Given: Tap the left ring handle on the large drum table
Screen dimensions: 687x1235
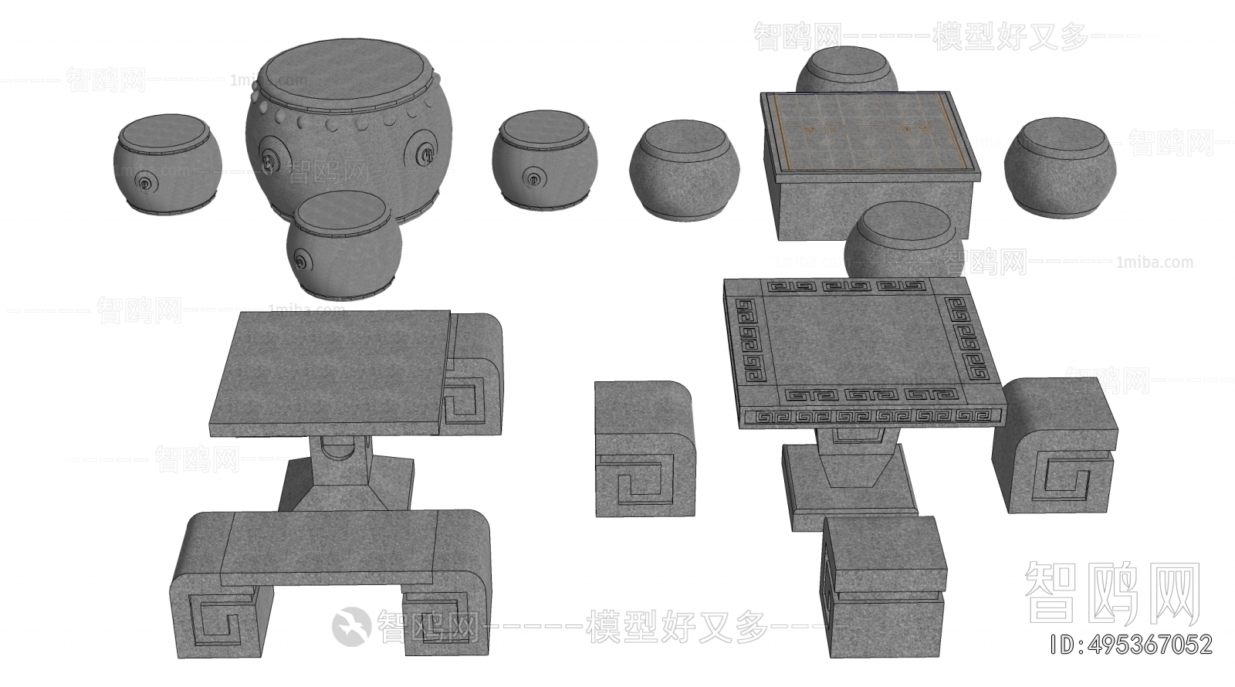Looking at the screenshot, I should click(269, 161).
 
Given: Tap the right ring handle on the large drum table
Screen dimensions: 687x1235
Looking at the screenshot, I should click(425, 154).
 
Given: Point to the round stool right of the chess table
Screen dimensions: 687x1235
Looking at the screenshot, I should click(1060, 165).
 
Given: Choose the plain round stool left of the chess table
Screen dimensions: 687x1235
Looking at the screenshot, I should click(684, 170).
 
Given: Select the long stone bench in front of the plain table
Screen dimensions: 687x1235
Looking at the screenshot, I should click(330, 575).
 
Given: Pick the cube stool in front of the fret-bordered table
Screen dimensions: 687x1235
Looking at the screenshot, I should click(883, 587).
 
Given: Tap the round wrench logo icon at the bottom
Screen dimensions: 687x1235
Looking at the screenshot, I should click(351, 624).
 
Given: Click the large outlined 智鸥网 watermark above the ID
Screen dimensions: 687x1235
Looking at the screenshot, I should click(1112, 592).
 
